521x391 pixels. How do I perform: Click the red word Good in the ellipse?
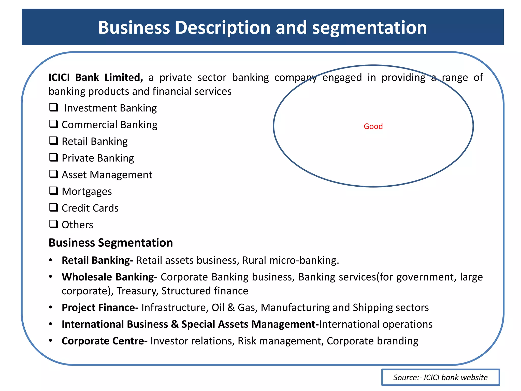(x=373, y=126)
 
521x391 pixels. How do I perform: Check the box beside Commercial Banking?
(x=54, y=124)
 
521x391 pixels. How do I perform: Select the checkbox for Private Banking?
(x=54, y=157)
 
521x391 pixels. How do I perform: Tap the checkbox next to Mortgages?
(x=54, y=191)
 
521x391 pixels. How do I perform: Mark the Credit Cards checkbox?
(x=54, y=207)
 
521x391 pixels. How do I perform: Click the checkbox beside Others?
(x=54, y=224)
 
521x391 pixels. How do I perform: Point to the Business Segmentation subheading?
(x=111, y=243)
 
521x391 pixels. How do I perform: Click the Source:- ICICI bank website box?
(x=440, y=377)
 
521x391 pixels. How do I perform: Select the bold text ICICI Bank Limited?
(x=96, y=77)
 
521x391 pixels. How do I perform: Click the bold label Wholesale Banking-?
(x=109, y=277)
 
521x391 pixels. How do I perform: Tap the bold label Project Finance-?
(x=100, y=308)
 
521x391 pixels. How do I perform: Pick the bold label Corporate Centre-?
(x=105, y=341)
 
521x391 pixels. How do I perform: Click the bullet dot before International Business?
(x=51, y=324)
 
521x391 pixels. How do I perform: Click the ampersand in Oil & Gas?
(x=231, y=308)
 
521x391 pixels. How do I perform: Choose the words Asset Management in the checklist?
(x=107, y=175)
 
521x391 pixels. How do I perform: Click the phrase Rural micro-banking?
(x=290, y=260)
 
